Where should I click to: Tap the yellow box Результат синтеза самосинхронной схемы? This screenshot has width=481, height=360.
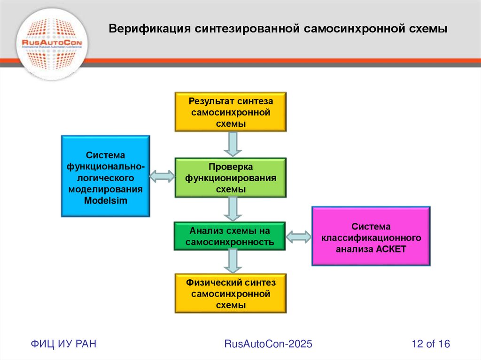pyautogui.click(x=231, y=112)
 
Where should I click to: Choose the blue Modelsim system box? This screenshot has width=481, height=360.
pyautogui.click(x=105, y=176)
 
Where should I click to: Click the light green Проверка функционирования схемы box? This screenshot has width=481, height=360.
pyautogui.click(x=231, y=177)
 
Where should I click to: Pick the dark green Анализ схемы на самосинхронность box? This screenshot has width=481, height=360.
pyautogui.click(x=230, y=236)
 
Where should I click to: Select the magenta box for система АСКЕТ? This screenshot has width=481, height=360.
pyautogui.click(x=371, y=237)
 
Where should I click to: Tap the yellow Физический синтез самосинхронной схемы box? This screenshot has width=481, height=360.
pyautogui.click(x=231, y=293)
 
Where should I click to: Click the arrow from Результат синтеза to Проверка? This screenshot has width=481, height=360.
pyautogui.click(x=233, y=144)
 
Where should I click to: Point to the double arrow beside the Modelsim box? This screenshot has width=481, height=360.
pyautogui.click(x=163, y=176)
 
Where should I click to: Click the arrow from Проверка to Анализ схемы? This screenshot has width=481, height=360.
pyautogui.click(x=233, y=209)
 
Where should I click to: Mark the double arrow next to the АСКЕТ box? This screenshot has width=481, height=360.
pyautogui.click(x=299, y=237)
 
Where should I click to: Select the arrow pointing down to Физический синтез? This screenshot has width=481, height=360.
pyautogui.click(x=233, y=261)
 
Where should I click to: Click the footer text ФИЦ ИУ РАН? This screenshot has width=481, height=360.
pyautogui.click(x=64, y=344)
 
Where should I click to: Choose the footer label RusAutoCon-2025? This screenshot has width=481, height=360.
pyautogui.click(x=268, y=344)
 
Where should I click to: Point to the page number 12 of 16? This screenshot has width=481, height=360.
pyautogui.click(x=431, y=344)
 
